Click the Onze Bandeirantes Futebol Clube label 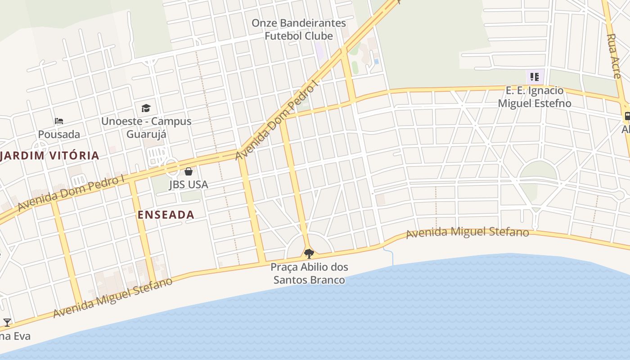tap(299, 29)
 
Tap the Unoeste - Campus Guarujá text tap(146, 127)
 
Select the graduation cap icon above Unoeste tap(146, 108)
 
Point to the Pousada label tap(59, 134)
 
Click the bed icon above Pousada tap(59, 121)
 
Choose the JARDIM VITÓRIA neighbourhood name tap(49, 156)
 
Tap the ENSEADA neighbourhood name tap(166, 215)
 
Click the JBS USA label tap(189, 184)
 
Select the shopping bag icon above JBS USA tap(189, 171)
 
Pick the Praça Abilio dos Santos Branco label tap(310, 273)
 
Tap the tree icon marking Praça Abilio tap(309, 254)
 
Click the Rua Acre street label tap(615, 56)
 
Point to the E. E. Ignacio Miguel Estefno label tap(534, 97)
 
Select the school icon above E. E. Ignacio tap(534, 77)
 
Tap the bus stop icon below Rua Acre tap(626, 117)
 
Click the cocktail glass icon tap(7, 322)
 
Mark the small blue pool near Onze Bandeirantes tap(376, 61)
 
